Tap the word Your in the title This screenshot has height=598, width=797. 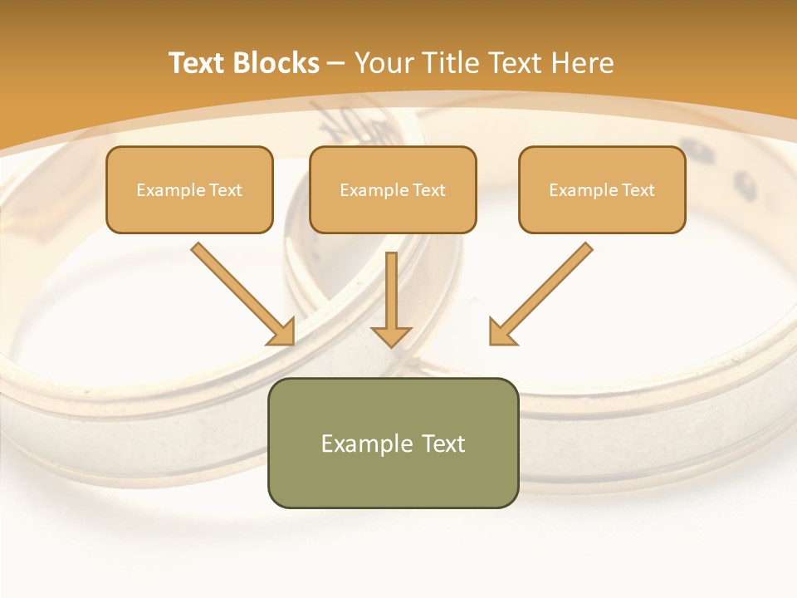[382, 63]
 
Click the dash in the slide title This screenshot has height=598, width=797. [336, 63]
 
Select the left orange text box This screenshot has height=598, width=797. [189, 189]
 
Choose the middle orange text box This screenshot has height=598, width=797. [393, 189]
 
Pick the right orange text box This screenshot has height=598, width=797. [602, 189]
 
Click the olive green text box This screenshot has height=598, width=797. [393, 443]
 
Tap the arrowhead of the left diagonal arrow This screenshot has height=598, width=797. [282, 332]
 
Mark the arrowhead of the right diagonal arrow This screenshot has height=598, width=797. [501, 332]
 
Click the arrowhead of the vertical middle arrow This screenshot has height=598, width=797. [391, 336]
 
